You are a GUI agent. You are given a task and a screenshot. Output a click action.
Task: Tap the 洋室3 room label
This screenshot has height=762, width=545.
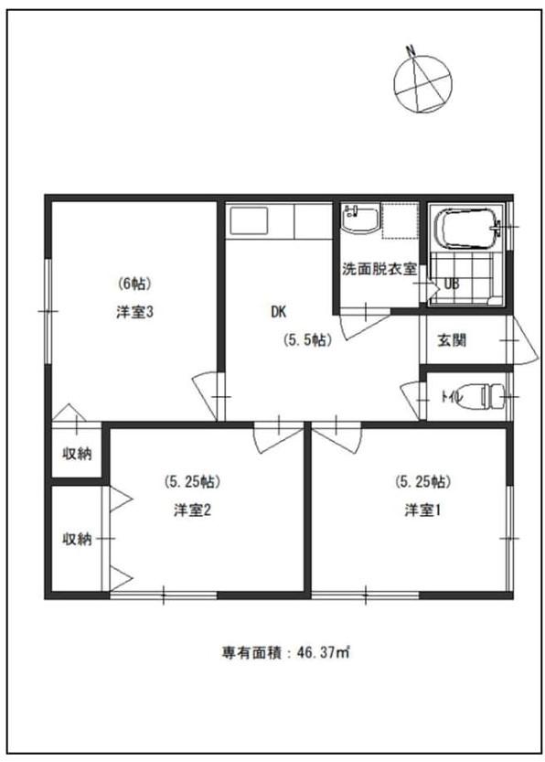134,312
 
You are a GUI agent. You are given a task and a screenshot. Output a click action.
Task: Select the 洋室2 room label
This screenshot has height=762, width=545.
192,510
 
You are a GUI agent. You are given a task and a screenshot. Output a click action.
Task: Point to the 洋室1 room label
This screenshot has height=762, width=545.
422,510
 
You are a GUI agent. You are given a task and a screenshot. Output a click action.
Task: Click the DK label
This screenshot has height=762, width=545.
278,312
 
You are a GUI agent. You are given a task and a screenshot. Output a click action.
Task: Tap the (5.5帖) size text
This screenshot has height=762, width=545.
308,340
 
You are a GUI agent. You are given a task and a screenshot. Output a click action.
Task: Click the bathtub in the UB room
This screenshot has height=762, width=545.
468,228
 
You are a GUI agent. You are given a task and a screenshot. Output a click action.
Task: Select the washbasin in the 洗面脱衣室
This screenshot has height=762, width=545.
360,220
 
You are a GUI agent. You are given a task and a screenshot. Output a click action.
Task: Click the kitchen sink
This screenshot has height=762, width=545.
249,221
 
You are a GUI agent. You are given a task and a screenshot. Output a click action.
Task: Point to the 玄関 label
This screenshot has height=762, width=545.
452,340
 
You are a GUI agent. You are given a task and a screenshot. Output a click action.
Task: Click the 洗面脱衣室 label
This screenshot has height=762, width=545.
379,269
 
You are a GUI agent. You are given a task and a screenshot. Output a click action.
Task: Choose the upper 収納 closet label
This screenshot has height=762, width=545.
77,454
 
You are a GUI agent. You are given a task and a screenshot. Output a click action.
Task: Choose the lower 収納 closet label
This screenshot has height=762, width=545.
77,539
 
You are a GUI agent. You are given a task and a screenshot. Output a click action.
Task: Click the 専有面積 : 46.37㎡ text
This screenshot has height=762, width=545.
286,652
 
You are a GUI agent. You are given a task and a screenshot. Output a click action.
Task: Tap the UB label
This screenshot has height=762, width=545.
452,284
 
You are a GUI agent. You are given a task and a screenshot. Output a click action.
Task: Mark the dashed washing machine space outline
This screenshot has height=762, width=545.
400,221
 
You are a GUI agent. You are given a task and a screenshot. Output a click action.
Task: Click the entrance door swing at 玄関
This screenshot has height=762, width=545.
525,341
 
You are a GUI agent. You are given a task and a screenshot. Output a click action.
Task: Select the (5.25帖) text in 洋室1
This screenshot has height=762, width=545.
422,481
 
